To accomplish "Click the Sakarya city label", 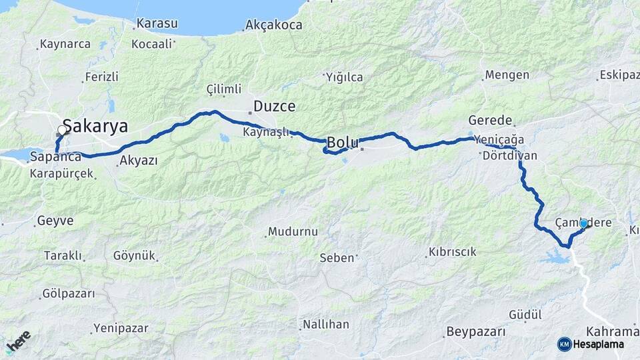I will tap(95, 127).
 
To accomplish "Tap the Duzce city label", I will tap(274, 106).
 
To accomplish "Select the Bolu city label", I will tap(343, 143).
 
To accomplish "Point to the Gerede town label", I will tap(490, 121).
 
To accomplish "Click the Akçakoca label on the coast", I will tap(273, 25).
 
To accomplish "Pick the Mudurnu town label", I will tap(293, 232).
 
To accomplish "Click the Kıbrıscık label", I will tap(452, 252).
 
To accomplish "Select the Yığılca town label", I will tap(345, 77).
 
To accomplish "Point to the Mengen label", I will tap(507, 75).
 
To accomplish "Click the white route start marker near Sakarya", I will tap(63, 131).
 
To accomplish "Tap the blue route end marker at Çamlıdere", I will tap(584, 223).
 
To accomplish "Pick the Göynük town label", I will tap(134, 255).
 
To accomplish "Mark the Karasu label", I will tap(157, 24).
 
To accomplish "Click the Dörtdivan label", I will tap(508, 155).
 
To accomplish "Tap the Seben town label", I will tap(337, 257).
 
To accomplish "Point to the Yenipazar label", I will tap(121, 328).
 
